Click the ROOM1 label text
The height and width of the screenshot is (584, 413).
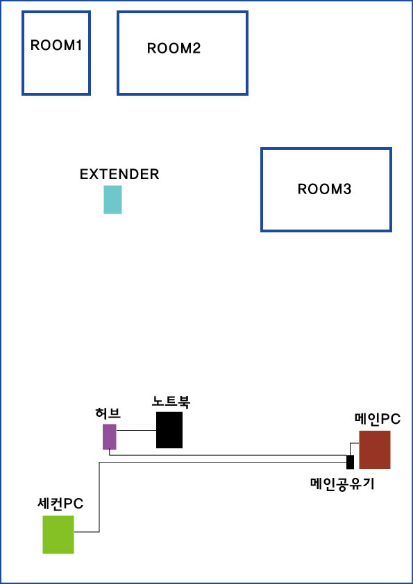tap(56, 45)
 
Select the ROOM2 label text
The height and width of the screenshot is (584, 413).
tap(174, 49)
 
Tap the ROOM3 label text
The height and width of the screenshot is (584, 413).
tap(324, 189)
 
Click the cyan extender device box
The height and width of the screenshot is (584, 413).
tap(112, 200)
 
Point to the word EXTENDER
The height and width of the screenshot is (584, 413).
tap(119, 174)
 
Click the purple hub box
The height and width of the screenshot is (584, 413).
tap(110, 437)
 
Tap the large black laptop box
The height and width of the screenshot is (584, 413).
tap(169, 430)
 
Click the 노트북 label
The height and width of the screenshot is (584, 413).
tap(171, 402)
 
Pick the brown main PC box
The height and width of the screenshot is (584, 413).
tap(375, 449)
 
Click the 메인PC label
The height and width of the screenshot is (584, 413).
tap(377, 420)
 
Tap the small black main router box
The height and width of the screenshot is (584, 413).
tap(350, 462)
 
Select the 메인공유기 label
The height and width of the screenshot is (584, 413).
tap(342, 483)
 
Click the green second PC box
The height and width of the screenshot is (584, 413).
tap(58, 535)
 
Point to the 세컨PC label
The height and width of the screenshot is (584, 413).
tap(60, 504)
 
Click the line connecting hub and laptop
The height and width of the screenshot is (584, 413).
tap(136, 431)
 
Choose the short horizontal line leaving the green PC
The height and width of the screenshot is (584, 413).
tap(87, 532)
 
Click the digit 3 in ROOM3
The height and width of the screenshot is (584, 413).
tap(347, 189)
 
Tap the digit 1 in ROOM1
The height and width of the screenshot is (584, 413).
tap(78, 45)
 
